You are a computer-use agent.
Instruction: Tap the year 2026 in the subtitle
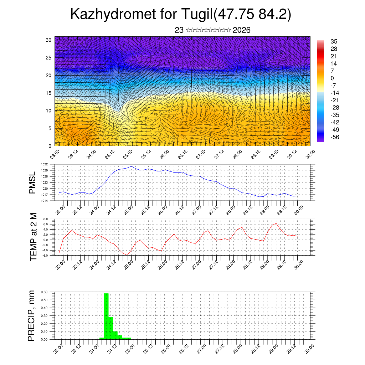[241, 30]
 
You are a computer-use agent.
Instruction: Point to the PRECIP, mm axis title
[32, 315]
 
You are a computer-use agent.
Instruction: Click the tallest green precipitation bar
[106, 315]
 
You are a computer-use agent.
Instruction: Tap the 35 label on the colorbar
[334, 41]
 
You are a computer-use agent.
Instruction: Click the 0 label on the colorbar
[333, 78]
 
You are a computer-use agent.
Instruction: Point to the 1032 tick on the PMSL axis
[44, 164]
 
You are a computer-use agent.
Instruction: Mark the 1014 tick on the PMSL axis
[44, 201]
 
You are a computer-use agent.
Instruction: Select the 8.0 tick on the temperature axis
[45, 219]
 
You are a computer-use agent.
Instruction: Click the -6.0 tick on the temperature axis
[45, 256]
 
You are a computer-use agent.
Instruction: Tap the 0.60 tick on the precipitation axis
[43, 292]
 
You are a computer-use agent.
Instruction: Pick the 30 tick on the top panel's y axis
[48, 40]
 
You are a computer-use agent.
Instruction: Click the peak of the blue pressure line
[131, 166]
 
